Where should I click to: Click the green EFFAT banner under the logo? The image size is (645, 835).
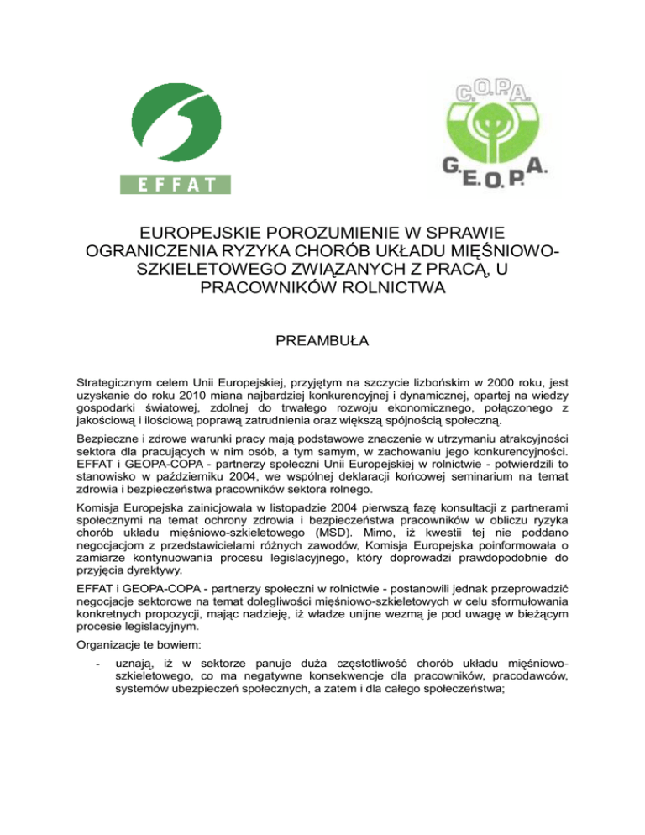176,183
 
